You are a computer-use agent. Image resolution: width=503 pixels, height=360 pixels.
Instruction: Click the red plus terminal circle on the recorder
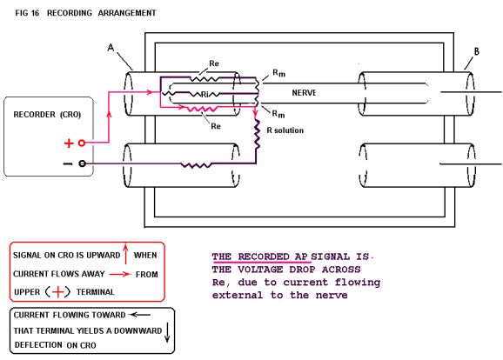tap(82, 143)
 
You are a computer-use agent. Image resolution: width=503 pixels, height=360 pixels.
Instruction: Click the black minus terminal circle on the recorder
tap(82, 163)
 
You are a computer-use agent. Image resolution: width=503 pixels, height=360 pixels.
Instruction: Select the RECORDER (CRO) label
tap(47, 115)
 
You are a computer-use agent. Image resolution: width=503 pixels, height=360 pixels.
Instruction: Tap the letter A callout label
tap(111, 48)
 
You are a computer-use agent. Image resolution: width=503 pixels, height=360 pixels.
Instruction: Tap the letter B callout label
tap(476, 51)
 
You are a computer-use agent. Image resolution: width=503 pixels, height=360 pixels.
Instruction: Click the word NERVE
tap(304, 93)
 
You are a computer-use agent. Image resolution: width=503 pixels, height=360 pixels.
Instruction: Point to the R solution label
tap(285, 130)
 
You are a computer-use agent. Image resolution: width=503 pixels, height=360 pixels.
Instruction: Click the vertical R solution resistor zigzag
tap(257, 134)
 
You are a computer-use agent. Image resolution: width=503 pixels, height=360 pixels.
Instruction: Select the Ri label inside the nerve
tap(205, 95)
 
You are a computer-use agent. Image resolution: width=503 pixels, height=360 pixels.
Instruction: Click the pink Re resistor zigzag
tap(201, 110)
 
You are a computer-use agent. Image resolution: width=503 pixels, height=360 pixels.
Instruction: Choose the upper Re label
tap(214, 63)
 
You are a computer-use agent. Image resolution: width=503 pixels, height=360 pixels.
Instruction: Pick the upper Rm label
tap(278, 73)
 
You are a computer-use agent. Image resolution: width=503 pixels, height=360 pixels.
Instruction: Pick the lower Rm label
tap(278, 114)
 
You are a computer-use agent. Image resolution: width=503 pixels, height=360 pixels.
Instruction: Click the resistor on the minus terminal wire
tap(196, 165)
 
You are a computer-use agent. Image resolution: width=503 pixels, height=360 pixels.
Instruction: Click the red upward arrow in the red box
tap(125, 255)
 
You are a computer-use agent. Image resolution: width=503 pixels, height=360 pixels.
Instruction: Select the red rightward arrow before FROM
tap(119, 274)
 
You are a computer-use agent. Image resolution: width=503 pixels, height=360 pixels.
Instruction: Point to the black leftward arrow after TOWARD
tap(139, 315)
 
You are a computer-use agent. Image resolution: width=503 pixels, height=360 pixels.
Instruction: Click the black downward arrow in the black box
tap(167, 333)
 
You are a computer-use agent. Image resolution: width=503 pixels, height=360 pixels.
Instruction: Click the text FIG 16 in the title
tap(27, 13)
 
